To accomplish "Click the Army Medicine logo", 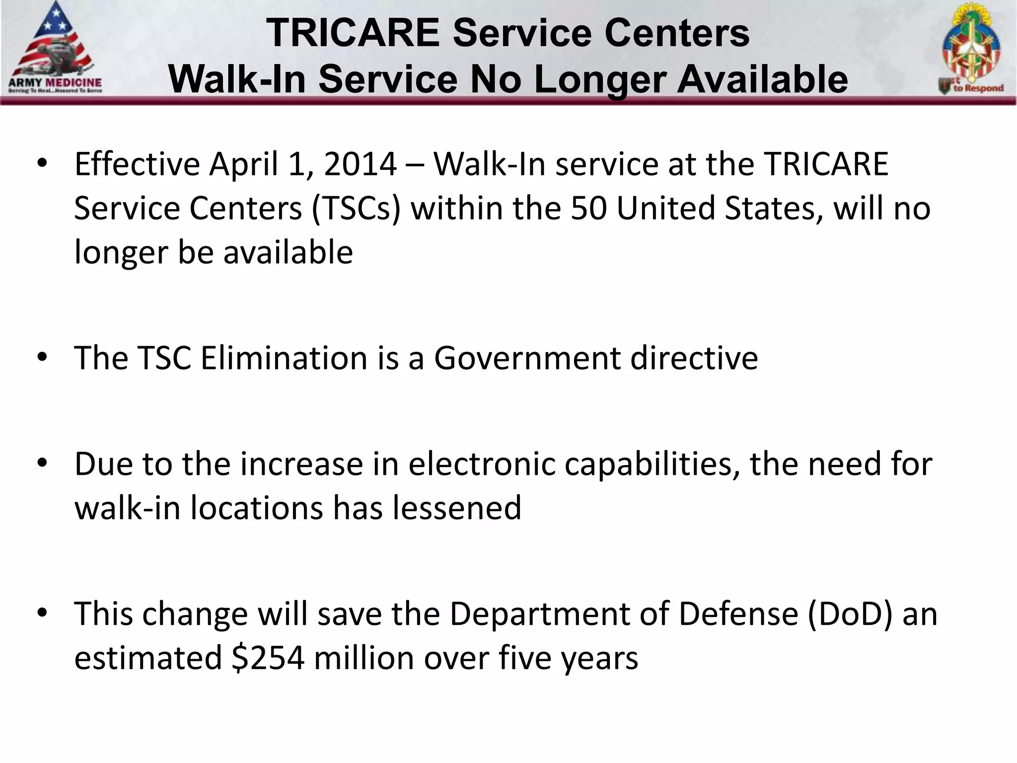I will click(55, 50).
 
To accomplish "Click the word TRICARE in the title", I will click(353, 33).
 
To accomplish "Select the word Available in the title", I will click(762, 79).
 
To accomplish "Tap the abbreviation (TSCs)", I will click(356, 208).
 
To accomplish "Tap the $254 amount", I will click(268, 658).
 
